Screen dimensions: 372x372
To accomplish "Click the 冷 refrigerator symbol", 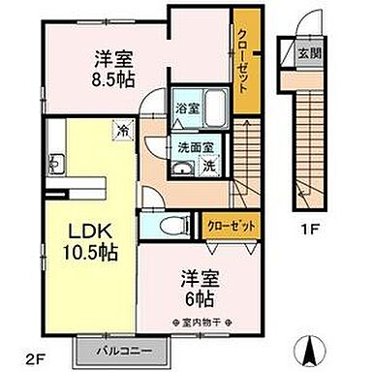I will click(123, 127).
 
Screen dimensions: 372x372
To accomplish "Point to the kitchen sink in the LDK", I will click(55, 166).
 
